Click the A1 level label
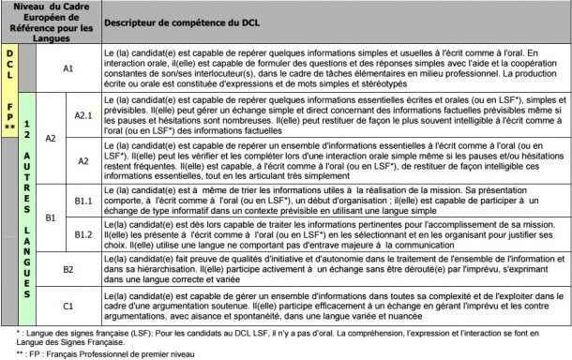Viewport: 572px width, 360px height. [68, 68]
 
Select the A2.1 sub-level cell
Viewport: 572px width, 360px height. [82, 114]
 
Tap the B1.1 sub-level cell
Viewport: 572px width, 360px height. [82, 200]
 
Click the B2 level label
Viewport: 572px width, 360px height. [68, 268]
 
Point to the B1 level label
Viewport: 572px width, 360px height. [52, 217]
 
